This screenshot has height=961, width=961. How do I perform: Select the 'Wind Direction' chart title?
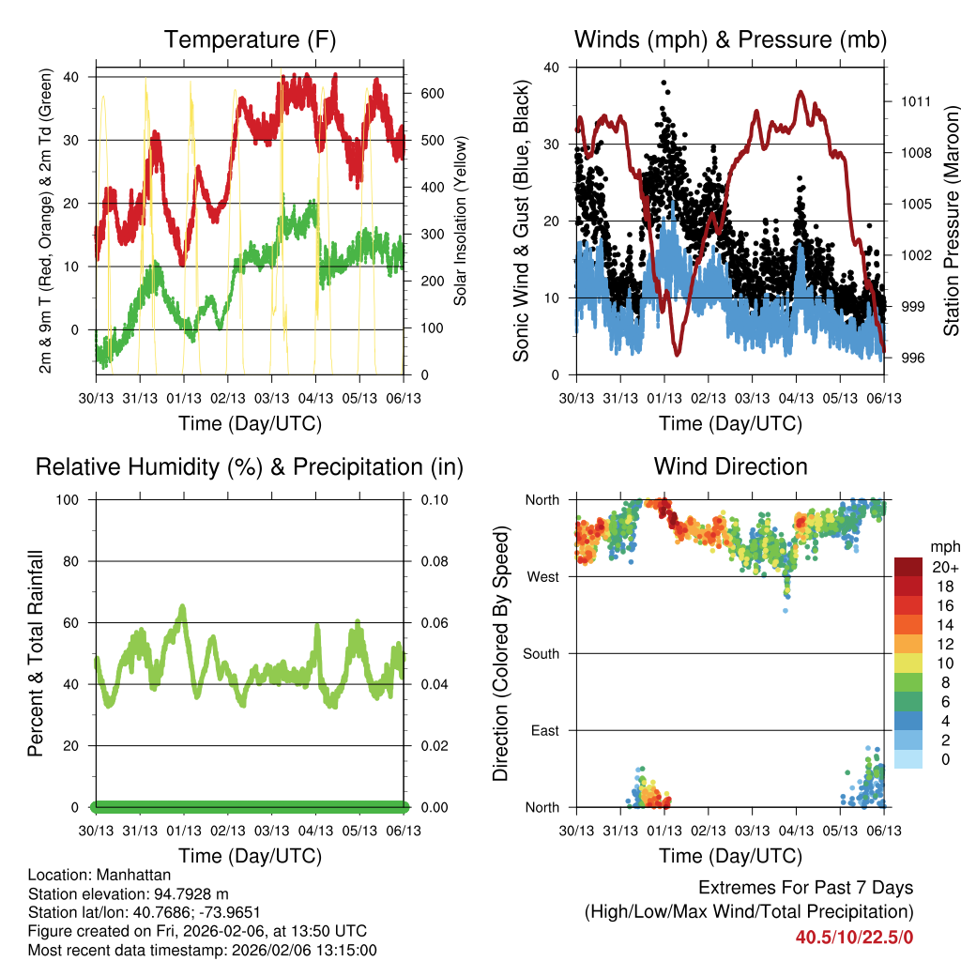tap(730, 466)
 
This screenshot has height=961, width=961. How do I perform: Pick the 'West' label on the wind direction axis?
tap(542, 576)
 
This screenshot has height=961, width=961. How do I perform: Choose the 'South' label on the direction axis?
tap(540, 653)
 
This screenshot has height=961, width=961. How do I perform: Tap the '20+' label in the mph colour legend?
tap(945, 567)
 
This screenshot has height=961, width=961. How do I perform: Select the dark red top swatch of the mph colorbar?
tap(908, 567)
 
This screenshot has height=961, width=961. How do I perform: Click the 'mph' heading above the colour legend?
tap(944, 546)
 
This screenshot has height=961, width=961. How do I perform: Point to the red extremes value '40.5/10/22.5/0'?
tap(854, 937)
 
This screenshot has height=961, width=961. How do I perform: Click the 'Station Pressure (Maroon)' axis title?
tap(951, 221)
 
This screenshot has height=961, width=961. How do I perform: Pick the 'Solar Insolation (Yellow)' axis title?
tap(461, 221)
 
